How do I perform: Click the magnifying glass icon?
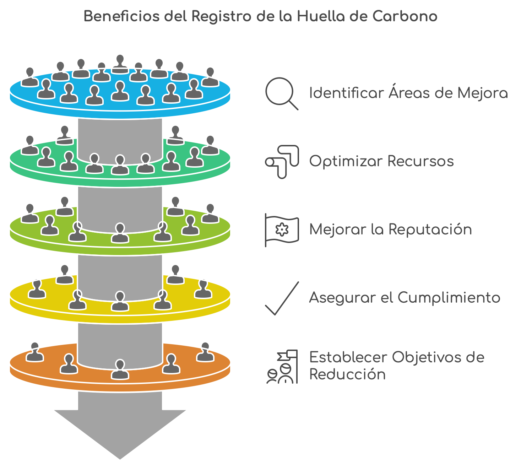[281, 93]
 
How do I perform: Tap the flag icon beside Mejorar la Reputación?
[282, 230]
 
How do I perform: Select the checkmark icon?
[282, 298]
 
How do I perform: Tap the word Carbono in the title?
[405, 16]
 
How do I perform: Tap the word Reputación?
[430, 230]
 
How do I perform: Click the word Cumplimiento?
[449, 298]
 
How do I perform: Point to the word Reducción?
[347, 374]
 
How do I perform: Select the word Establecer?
[348, 357]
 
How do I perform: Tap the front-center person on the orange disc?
[120, 369]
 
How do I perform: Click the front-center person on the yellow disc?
[120, 301]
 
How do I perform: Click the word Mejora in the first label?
[483, 93]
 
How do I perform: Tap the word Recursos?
[420, 161]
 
